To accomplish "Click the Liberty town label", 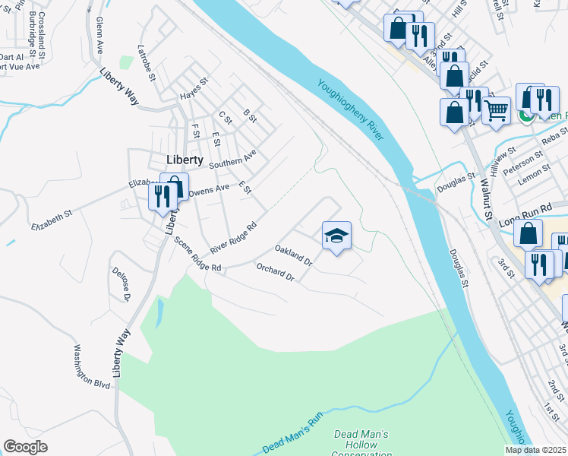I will tap(185, 160).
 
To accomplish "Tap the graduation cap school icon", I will tap(336, 236).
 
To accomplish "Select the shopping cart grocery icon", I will tap(497, 110).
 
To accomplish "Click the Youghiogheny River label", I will tap(352, 109).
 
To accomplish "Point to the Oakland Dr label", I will tap(294, 254).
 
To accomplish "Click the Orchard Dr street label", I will tap(275, 273).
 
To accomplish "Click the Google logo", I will tap(25, 447).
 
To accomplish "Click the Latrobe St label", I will tap(147, 64).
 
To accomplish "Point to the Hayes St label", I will tap(194, 90).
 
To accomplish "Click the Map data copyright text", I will tap(536, 450).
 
